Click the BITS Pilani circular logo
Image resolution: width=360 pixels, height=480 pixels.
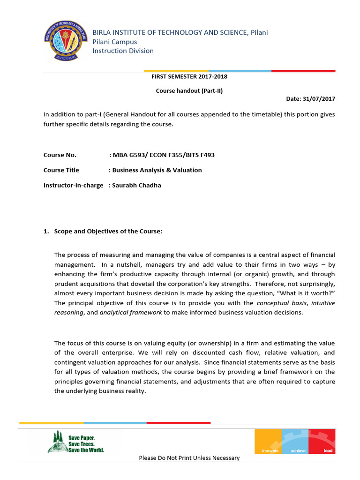coord(66,41)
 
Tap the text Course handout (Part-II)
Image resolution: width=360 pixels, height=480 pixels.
coord(189,91)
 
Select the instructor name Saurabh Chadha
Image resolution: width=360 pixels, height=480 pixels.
coord(136,185)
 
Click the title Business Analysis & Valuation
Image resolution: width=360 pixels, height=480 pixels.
coord(157,170)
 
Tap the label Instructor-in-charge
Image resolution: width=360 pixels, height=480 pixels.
coord(73,185)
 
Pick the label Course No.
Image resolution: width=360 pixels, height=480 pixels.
coord(60,155)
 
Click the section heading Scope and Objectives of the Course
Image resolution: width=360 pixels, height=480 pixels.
coord(108,231)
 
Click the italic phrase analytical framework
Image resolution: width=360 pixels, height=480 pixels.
coord(131,313)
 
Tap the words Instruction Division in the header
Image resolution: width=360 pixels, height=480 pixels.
coord(123,51)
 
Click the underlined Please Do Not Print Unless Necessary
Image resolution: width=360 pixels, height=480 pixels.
coord(189,458)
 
